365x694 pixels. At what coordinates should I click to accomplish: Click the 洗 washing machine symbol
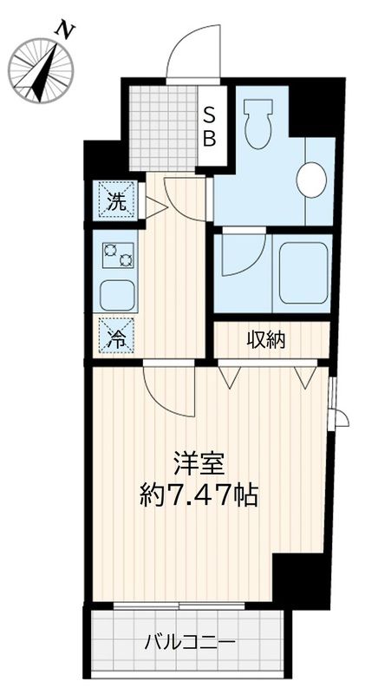(x=115, y=202)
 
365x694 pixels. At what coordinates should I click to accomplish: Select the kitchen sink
(x=116, y=296)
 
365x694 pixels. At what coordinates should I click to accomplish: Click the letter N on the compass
(x=62, y=31)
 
